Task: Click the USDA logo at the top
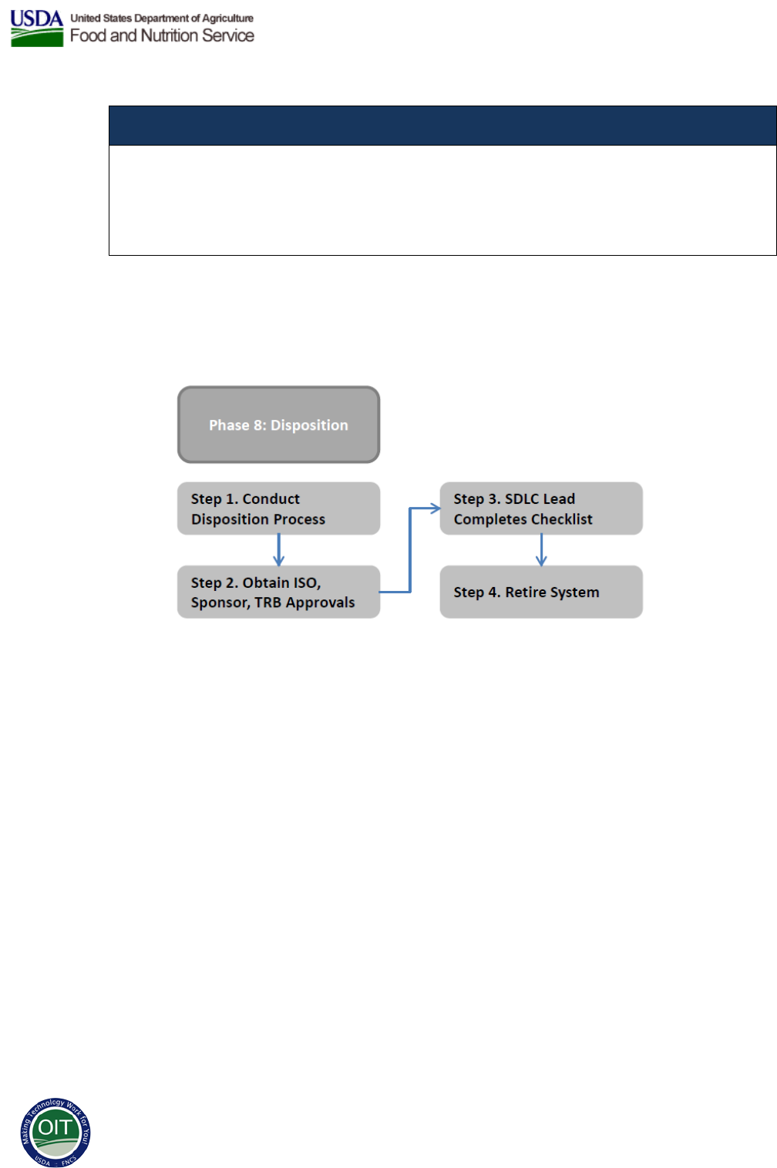36,29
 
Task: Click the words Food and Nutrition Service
162,35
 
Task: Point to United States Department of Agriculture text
162,18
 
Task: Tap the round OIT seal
55,1133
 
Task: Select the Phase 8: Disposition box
278,425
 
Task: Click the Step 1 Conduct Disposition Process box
278,508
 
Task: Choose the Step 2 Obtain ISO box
278,592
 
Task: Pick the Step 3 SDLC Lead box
541,508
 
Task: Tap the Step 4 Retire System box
541,592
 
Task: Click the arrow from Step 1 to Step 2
278,550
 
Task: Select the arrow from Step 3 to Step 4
541,550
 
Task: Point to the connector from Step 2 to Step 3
410,550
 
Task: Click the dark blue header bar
442,126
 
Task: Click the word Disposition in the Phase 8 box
309,425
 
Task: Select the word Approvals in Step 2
320,602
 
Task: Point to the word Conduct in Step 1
271,498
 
